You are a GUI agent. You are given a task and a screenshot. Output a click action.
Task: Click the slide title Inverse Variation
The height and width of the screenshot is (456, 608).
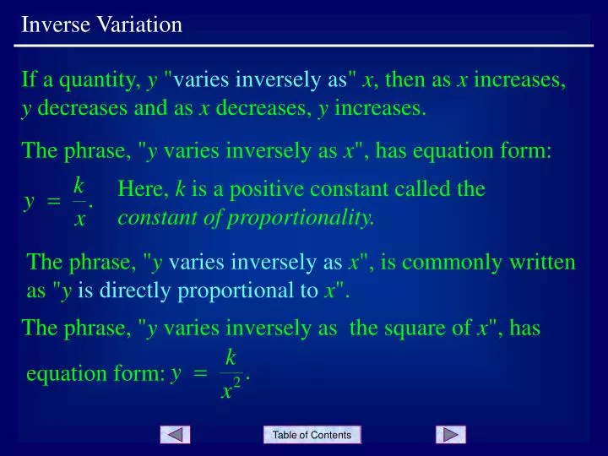pyautogui.click(x=102, y=24)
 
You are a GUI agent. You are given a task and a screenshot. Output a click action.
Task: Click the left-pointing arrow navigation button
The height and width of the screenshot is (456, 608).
pyautogui.click(x=175, y=435)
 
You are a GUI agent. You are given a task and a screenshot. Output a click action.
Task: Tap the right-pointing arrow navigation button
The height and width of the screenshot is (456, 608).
pyautogui.click(x=451, y=435)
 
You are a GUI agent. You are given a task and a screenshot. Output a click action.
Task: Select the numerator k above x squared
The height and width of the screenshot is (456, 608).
pyautogui.click(x=231, y=357)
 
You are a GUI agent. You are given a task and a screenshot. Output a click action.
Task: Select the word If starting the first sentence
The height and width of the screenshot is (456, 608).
pyautogui.click(x=29, y=81)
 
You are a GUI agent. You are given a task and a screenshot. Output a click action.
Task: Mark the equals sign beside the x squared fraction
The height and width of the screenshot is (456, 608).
pyautogui.click(x=200, y=374)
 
